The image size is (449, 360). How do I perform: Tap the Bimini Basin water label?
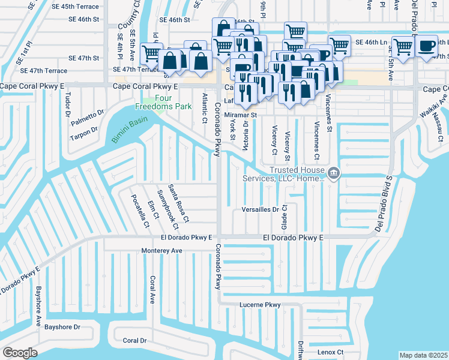pyautogui.click(x=129, y=128)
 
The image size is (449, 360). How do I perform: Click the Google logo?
pyautogui.click(x=20, y=353)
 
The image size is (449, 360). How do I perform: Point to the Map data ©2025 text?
pyautogui.click(x=423, y=355)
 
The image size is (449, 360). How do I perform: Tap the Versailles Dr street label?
pyautogui.click(x=260, y=209)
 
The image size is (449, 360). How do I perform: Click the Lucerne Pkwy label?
pyautogui.click(x=260, y=305)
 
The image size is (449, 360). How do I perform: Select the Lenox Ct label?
pyautogui.click(x=330, y=352)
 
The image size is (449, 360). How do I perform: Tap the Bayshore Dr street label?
pyautogui.click(x=62, y=327)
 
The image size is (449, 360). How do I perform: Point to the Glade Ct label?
pyautogui.click(x=285, y=217)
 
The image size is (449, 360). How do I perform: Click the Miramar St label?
pyautogui.click(x=240, y=114)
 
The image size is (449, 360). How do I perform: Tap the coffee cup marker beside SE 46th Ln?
pyautogui.click(x=427, y=46)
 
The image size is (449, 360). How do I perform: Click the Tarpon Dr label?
pyautogui.click(x=83, y=132)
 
